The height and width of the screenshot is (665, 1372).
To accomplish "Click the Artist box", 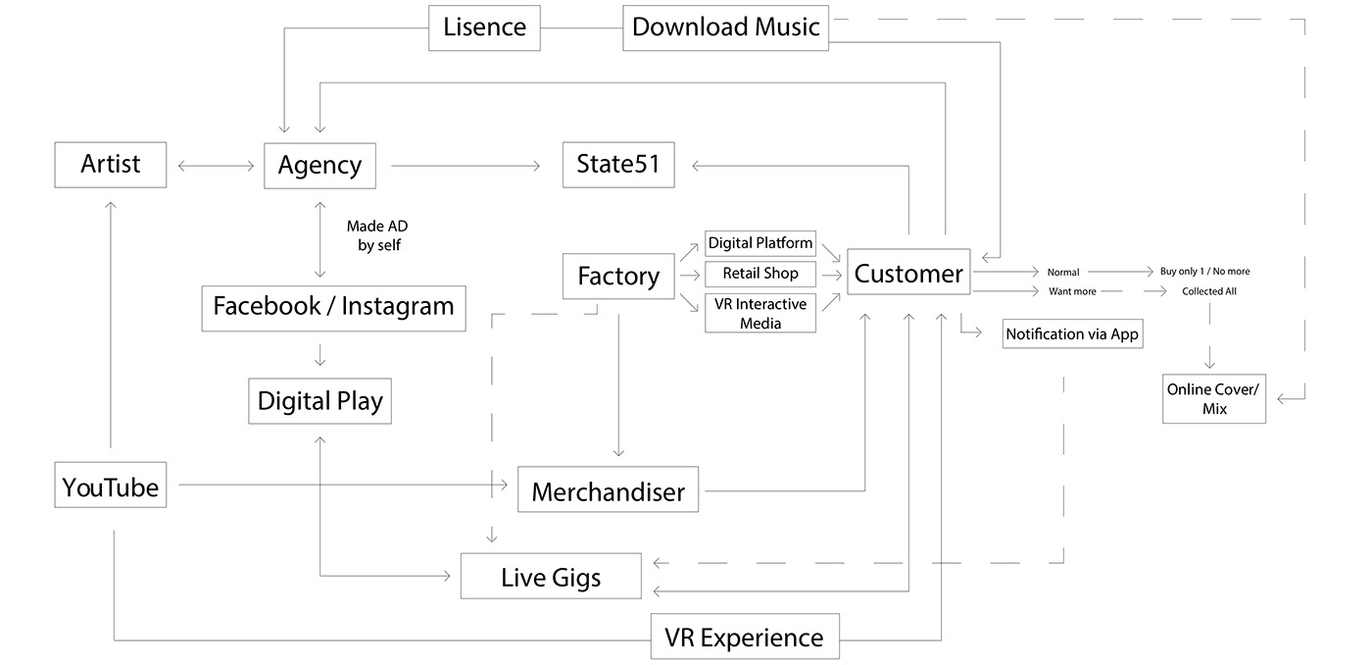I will pyautogui.click(x=110, y=164).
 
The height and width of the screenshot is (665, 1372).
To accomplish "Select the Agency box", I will pyautogui.click(x=319, y=165).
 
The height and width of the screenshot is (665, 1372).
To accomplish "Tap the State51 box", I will pyautogui.click(x=618, y=164).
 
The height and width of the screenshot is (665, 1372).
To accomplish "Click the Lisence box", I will pyautogui.click(x=484, y=27).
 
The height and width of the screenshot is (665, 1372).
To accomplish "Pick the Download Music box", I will pyautogui.click(x=725, y=27).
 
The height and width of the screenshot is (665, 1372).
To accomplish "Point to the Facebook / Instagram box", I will pyautogui.click(x=333, y=306).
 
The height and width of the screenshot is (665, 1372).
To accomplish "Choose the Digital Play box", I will pyautogui.click(x=319, y=400).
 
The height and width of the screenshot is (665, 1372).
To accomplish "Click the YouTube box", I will pyautogui.click(x=110, y=486).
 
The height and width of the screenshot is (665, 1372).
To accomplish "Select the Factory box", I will pyautogui.click(x=618, y=277).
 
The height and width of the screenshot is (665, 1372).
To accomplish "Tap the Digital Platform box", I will pyautogui.click(x=760, y=243).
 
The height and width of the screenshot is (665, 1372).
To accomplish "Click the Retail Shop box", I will pyautogui.click(x=760, y=274).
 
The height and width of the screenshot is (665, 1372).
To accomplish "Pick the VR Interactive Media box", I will pyautogui.click(x=760, y=313).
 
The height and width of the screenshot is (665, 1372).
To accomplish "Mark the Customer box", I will pyautogui.click(x=908, y=274).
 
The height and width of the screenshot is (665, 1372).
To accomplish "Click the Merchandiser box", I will pyautogui.click(x=608, y=490).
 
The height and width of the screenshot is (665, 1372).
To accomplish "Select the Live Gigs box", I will pyautogui.click(x=551, y=577).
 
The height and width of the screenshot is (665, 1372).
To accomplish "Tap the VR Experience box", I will pyautogui.click(x=745, y=638).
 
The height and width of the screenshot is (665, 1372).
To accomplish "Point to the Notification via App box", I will pyautogui.click(x=1072, y=334).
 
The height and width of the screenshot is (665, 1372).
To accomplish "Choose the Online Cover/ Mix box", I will pyautogui.click(x=1214, y=399).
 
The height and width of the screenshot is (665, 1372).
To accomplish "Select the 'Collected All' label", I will pyautogui.click(x=1209, y=291).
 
